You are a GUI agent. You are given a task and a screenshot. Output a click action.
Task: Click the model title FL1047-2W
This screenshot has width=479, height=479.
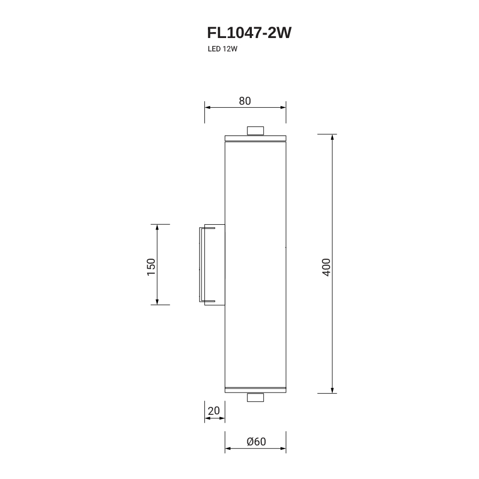249,33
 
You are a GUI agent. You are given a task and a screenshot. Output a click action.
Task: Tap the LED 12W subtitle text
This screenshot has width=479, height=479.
222,49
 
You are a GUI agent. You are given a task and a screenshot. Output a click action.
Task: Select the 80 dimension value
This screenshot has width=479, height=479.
245,101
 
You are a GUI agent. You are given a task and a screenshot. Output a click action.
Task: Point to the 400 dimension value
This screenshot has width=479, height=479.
326,267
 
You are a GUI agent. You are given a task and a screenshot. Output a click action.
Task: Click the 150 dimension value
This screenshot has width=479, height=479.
151,267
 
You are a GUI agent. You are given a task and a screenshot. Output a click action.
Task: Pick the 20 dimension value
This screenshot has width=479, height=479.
214,410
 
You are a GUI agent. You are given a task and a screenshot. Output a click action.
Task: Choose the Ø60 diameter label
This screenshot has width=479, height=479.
256,442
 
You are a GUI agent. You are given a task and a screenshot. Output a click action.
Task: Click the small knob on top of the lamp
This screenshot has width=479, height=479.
255,131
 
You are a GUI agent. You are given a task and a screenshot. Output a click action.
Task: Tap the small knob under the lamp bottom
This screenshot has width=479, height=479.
255,398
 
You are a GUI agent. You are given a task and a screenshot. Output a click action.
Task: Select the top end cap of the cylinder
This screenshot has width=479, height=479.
255,138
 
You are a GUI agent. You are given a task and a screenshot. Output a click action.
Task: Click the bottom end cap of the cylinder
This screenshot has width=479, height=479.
255,390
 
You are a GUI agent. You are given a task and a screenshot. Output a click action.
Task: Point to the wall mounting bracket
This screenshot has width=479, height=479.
212,265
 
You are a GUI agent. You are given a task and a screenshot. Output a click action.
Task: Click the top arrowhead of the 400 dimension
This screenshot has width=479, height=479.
332,137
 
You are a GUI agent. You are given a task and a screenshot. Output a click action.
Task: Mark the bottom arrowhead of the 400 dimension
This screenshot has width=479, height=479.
332,391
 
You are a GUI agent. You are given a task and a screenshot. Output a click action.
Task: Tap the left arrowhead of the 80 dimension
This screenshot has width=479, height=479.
208,108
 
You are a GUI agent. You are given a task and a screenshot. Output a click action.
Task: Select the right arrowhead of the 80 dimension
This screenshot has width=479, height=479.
283,108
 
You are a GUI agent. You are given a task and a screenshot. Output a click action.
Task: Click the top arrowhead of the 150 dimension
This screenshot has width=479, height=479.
158,227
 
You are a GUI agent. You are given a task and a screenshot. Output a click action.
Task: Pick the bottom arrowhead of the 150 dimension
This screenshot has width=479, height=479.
158,302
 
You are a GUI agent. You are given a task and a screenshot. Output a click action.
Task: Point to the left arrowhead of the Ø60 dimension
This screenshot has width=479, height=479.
228,449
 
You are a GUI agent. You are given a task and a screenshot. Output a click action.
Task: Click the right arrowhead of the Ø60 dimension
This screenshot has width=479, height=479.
283,449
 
